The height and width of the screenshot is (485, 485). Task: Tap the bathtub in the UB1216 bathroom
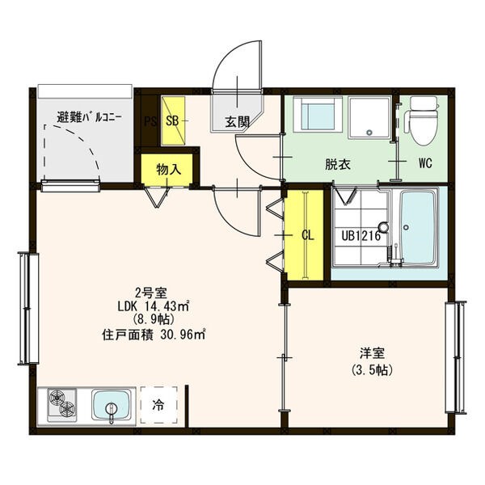click(x=418, y=227)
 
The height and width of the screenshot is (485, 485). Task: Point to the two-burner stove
click(x=62, y=405)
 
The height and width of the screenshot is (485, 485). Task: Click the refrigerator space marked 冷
click(x=158, y=405)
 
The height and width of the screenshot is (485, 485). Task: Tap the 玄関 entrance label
click(x=237, y=122)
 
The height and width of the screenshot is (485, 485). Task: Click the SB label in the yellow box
click(x=172, y=121)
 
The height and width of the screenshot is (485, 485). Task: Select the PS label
click(x=150, y=121)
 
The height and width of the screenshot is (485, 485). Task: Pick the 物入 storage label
click(x=169, y=169)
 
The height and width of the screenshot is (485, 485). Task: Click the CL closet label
click(x=308, y=236)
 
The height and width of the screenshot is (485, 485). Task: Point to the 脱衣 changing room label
click(x=338, y=164)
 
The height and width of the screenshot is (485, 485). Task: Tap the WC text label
click(x=425, y=163)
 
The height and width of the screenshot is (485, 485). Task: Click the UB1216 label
click(x=361, y=236)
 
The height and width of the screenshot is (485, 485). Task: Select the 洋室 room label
click(x=373, y=353)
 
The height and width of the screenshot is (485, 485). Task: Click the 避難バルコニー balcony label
click(x=89, y=117)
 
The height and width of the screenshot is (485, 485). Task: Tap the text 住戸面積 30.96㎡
click(x=154, y=335)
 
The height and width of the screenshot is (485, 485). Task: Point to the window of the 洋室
click(x=455, y=357)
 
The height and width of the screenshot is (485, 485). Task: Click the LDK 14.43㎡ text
click(x=154, y=306)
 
